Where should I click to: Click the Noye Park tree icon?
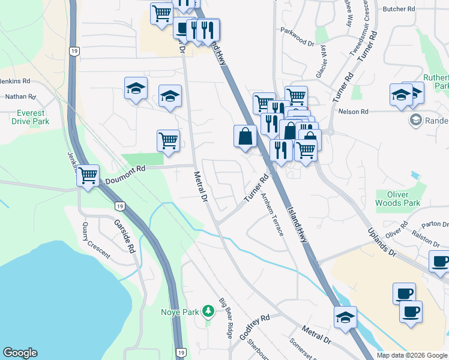click(208, 311)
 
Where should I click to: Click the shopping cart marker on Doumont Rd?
click(88, 176)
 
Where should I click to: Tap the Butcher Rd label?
click(399, 9)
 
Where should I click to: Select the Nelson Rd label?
click(352, 112)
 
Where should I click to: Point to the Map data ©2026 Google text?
click(412, 355)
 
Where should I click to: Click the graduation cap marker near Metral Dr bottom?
click(346, 317)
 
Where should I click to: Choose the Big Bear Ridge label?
click(226, 318)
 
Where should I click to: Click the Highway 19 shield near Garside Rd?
click(120, 206)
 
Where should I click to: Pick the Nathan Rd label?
click(20, 95)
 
